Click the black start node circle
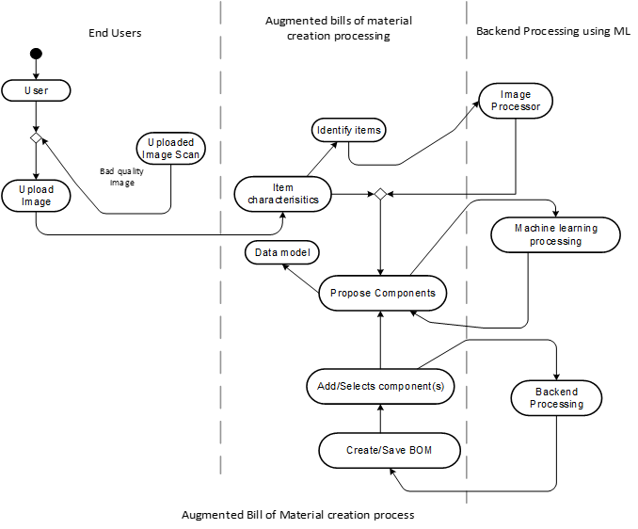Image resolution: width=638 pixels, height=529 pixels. pyautogui.click(x=36, y=53)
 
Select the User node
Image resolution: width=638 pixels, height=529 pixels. pyautogui.click(x=36, y=91)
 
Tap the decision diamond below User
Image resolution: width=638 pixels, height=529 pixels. pyautogui.click(x=36, y=138)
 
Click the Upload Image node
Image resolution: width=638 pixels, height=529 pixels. pyautogui.click(x=36, y=195)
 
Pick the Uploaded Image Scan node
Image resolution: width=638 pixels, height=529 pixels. pyautogui.click(x=169, y=150)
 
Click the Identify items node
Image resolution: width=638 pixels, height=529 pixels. pyautogui.click(x=349, y=129)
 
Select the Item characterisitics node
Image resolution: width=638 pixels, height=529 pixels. pyautogui.click(x=283, y=194)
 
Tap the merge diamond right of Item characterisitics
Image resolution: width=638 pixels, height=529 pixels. pyautogui.click(x=380, y=194)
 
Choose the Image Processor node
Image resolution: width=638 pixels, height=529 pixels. pyautogui.click(x=515, y=101)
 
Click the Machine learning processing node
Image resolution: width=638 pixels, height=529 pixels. pyautogui.click(x=555, y=234)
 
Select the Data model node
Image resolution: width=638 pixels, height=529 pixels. pyautogui.click(x=281, y=252)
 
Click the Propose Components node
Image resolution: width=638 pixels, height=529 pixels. pyautogui.click(x=382, y=293)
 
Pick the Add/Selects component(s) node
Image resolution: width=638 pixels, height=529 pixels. pyautogui.click(x=380, y=386)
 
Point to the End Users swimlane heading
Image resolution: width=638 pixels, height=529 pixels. pyautogui.click(x=114, y=32)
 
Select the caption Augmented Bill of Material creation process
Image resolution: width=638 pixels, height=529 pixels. pyautogui.click(x=297, y=515)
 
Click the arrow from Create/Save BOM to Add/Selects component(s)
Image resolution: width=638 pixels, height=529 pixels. pyautogui.click(x=380, y=417)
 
